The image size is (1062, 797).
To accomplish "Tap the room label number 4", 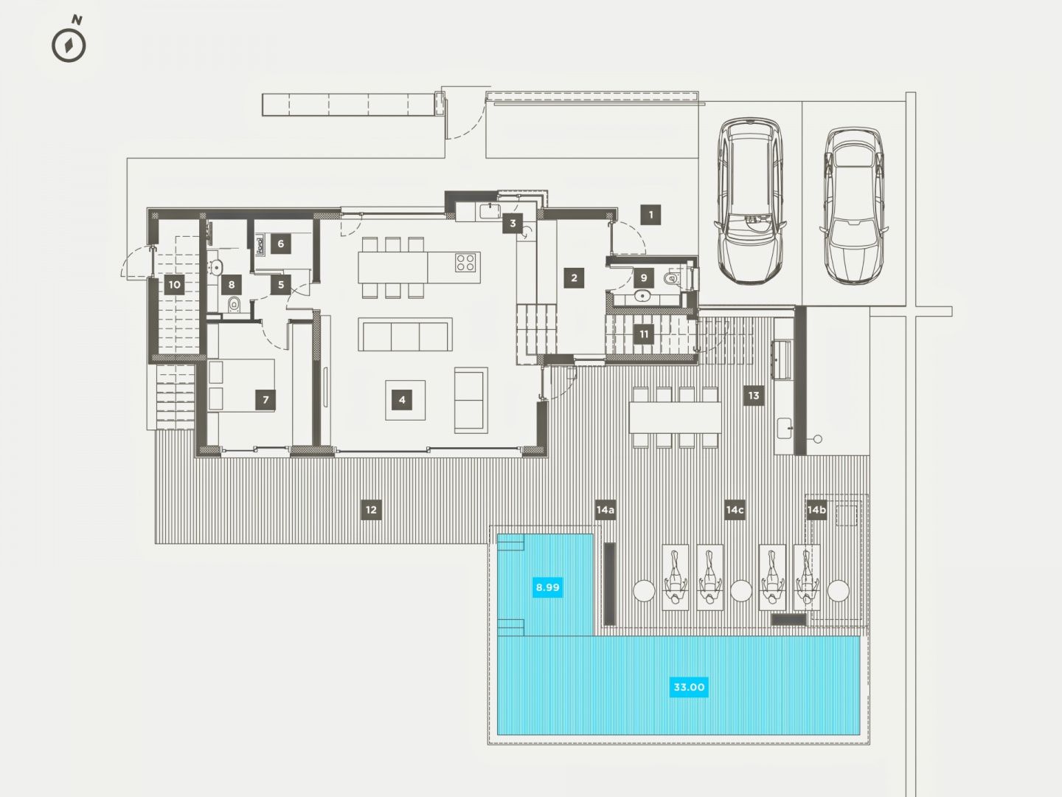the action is pos(402,400).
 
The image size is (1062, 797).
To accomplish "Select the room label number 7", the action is pos(265,400).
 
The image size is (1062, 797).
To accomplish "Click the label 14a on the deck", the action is pos(605,509).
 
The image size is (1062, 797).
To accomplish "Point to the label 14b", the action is pos(816,509).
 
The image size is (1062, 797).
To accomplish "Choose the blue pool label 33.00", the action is pos(689,687).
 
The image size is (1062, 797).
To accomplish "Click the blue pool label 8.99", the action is pos(547,587).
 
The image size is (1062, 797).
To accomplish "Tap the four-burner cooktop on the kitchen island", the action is pos(465,262).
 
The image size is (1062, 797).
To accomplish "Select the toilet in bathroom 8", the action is pos(235,304).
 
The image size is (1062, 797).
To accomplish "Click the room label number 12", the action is pos(371,509).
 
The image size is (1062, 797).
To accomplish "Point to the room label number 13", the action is pos(754,396).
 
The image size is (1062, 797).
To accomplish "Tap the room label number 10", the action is pos(175,285).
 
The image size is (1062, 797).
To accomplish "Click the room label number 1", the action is pos(650,214).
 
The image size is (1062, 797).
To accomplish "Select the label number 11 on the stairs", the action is pos(644,334).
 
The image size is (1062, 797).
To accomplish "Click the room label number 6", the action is pos(281,244).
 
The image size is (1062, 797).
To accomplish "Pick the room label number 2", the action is pos(574,277).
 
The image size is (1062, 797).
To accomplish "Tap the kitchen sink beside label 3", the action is pos(490,211).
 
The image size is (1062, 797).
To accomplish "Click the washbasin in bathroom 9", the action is pos(642,294).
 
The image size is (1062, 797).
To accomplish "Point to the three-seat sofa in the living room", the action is pos(406,334).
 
